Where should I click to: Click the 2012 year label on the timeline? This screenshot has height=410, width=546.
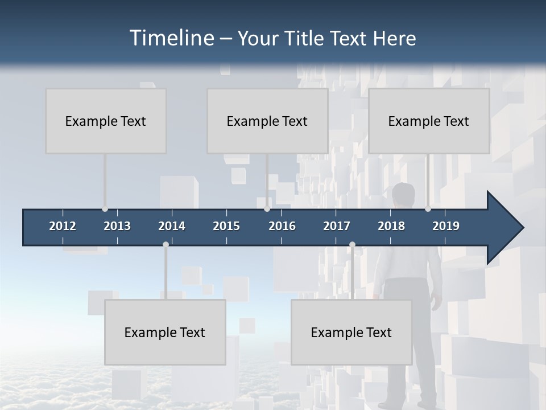click(63, 226)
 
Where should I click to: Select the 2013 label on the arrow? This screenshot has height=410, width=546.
click(117, 226)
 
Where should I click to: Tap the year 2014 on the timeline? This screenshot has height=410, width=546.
click(172, 226)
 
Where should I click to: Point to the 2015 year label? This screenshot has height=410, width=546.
click(226, 226)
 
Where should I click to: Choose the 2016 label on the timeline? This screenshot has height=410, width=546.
click(282, 226)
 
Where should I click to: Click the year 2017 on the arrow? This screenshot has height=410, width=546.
click(337, 226)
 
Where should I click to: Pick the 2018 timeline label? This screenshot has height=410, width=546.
click(391, 226)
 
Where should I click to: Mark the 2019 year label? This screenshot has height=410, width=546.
click(446, 226)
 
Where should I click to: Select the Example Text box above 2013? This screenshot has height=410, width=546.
click(106, 121)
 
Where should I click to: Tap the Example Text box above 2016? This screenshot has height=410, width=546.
click(267, 121)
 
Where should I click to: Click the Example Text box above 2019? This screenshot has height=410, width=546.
click(429, 121)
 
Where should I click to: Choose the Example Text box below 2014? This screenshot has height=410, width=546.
click(165, 332)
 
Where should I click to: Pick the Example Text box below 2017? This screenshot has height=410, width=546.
click(351, 332)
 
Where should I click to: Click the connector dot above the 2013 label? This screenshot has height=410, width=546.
click(105, 209)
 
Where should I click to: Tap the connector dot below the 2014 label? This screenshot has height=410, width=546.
click(166, 245)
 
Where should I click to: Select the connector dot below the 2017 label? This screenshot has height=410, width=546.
click(352, 245)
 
